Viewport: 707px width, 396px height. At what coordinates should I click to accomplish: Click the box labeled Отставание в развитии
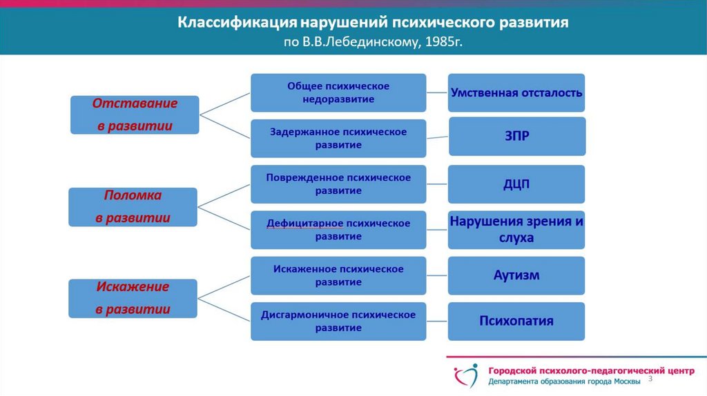pyautogui.click(x=135, y=115)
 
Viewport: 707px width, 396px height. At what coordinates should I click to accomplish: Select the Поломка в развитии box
pyautogui.click(x=133, y=206)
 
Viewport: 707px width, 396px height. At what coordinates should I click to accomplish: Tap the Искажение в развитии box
pyautogui.click(x=133, y=298)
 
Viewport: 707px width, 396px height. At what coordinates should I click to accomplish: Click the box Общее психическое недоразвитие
pyautogui.click(x=338, y=92)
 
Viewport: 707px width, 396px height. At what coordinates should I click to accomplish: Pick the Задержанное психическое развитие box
pyautogui.click(x=338, y=138)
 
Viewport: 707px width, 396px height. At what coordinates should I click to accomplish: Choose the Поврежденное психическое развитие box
pyautogui.click(x=338, y=184)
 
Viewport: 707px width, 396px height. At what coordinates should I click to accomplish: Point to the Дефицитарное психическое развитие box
pyautogui.click(x=338, y=230)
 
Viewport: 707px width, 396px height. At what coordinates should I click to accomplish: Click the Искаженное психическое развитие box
pyautogui.click(x=338, y=275)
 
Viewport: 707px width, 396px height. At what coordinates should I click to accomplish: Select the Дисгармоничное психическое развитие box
pyautogui.click(x=338, y=321)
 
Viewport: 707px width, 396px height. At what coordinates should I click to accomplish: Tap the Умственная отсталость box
pyautogui.click(x=516, y=92)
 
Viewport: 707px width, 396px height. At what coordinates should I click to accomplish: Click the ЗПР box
pyautogui.click(x=516, y=136)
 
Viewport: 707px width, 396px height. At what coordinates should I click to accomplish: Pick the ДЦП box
pyautogui.click(x=516, y=184)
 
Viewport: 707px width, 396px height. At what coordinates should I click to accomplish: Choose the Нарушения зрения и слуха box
pyautogui.click(x=516, y=230)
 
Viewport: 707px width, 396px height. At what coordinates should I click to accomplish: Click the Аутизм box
pyautogui.click(x=516, y=275)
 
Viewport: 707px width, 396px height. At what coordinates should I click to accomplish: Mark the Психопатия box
pyautogui.click(x=516, y=321)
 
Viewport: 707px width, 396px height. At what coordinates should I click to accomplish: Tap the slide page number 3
pyautogui.click(x=650, y=380)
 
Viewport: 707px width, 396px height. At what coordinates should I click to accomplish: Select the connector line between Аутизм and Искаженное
pyautogui.click(x=437, y=275)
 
